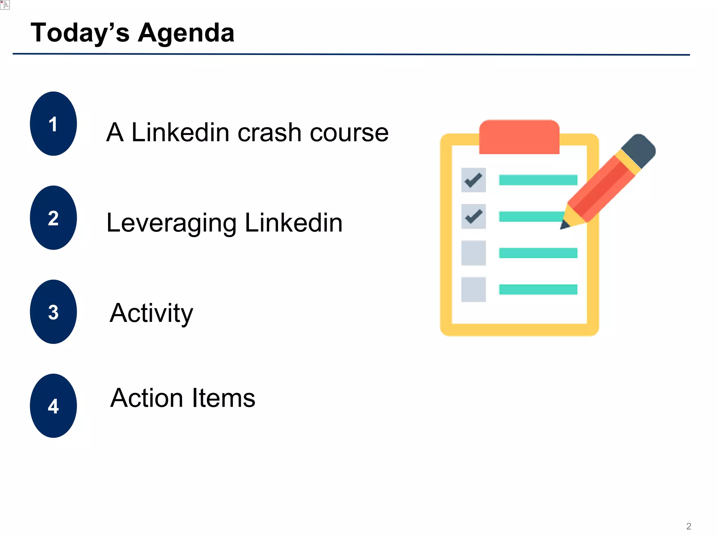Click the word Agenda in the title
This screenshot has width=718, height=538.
(x=186, y=33)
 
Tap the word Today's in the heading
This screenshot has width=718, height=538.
(x=80, y=33)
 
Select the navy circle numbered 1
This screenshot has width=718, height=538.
(x=53, y=124)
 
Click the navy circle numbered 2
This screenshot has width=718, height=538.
(x=53, y=218)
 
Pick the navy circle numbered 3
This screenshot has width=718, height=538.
(x=53, y=312)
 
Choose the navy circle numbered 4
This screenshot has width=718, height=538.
(x=53, y=406)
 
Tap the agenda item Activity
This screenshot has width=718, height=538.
(x=151, y=313)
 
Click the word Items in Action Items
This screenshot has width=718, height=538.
(x=221, y=398)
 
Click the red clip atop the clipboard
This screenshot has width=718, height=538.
(x=519, y=137)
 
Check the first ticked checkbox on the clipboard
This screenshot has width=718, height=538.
(x=473, y=180)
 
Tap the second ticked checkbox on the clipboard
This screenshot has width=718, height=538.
(x=473, y=216)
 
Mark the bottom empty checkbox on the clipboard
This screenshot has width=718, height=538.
(x=473, y=289)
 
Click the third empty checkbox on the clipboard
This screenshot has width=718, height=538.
(x=473, y=253)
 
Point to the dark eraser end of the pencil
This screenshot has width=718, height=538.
(x=639, y=151)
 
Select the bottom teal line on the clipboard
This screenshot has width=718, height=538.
(x=538, y=289)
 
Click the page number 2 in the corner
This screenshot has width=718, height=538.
(x=689, y=526)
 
